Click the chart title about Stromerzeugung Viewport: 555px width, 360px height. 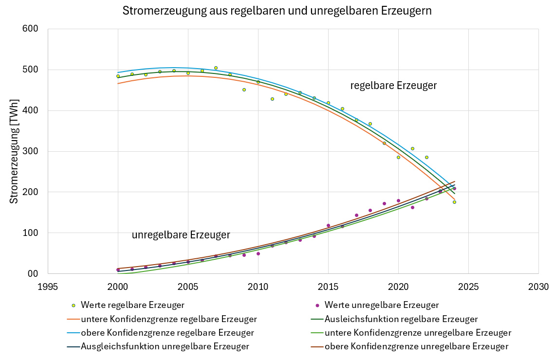(x=277, y=11)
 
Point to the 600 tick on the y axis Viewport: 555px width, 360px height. (x=30, y=29)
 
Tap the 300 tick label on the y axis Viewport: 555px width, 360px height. (x=30, y=151)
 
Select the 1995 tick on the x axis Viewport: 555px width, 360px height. (x=48, y=287)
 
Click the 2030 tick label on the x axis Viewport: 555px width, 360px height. (x=538, y=287)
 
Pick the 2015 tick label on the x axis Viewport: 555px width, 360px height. (x=328, y=287)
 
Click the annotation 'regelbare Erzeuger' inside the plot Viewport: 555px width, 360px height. (x=393, y=86)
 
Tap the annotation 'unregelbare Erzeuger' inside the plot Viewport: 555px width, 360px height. (x=181, y=235)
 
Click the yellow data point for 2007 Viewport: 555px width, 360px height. (x=216, y=68)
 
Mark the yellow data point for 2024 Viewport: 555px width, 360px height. (x=454, y=202)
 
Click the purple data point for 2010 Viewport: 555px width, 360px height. (x=258, y=253)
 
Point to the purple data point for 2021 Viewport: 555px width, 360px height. (x=412, y=207)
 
